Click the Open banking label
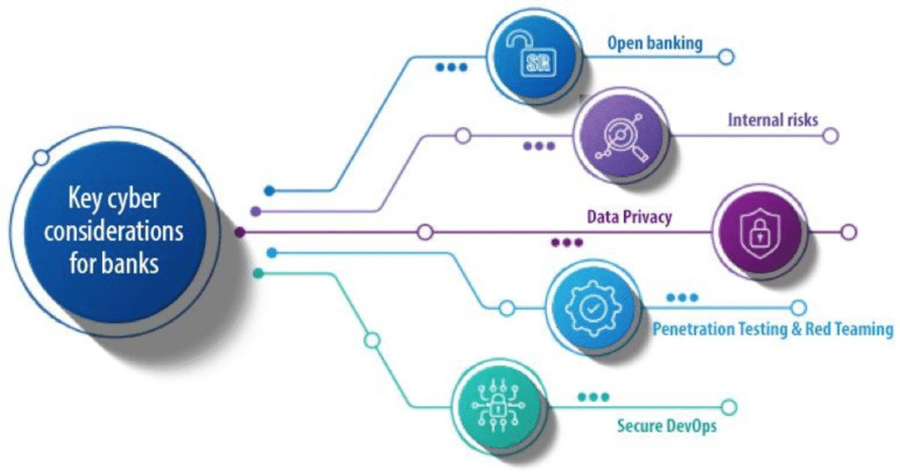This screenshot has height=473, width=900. coord(654,42)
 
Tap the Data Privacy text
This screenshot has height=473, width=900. coord(629,216)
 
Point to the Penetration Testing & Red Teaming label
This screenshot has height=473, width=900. coord(773,330)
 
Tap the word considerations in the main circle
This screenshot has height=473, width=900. coord(114,231)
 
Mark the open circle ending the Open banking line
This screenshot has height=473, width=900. coord(725,57)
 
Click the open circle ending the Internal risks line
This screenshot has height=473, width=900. coord(830,135)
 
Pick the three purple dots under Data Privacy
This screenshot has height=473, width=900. coord(567,243)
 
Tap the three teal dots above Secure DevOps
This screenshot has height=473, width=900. coord(593,397)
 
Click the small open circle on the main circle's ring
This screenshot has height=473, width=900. coord(40,158)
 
